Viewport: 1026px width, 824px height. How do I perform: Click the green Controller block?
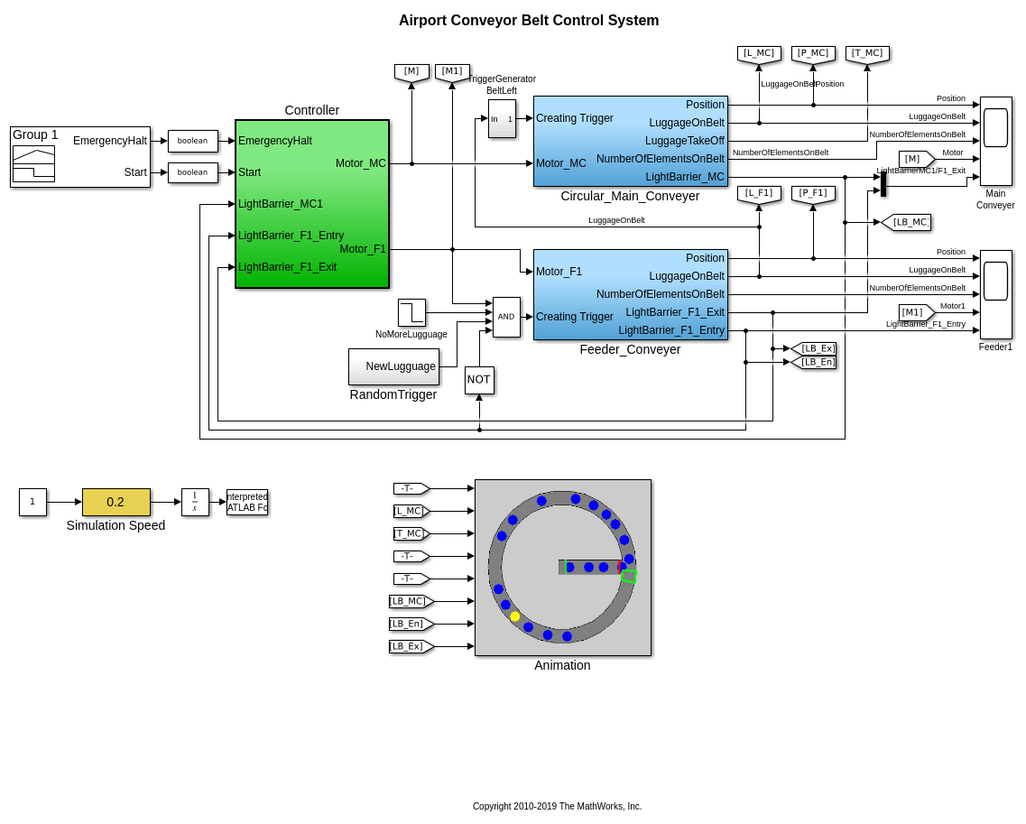point(311,204)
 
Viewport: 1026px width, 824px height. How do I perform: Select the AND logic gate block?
point(506,317)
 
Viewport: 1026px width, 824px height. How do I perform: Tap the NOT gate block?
point(479,380)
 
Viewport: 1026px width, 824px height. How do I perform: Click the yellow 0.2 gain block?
point(116,502)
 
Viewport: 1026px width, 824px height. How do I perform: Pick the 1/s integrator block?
point(195,502)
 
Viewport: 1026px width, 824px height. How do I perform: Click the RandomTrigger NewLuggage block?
point(393,366)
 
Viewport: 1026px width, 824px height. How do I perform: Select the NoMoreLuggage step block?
point(411,312)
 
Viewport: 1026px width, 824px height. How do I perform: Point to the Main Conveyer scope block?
point(995,141)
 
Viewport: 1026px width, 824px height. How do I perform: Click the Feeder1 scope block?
point(995,294)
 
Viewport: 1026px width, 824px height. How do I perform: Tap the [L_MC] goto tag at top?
point(759,54)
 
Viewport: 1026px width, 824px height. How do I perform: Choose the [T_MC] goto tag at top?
point(867,54)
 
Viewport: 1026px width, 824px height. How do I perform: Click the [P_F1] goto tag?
point(813,194)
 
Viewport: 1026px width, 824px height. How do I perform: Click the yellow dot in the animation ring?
point(515,616)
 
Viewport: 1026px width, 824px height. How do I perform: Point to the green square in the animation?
point(629,576)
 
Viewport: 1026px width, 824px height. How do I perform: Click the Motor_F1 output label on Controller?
point(363,249)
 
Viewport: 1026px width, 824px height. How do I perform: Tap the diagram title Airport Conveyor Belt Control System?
point(529,21)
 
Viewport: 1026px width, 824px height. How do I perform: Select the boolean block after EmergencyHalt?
point(193,141)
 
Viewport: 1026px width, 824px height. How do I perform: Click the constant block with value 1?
point(32,502)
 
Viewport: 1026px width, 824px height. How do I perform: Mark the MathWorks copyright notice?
point(557,806)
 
